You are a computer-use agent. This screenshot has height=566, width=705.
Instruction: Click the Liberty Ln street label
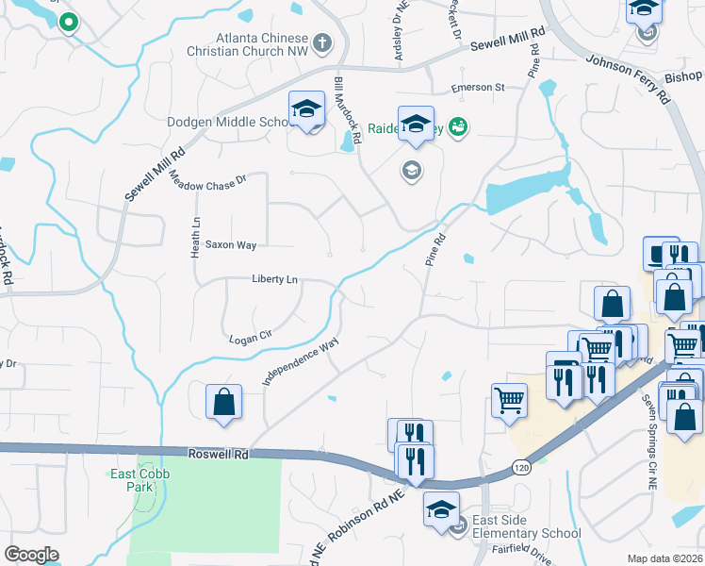(x=274, y=279)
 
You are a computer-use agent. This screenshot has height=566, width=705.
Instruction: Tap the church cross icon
(x=322, y=42)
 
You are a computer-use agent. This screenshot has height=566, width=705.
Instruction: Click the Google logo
(x=31, y=555)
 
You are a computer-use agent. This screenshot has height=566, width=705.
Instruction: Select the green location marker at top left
(x=67, y=22)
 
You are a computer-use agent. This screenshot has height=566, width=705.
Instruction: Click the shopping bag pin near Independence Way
(x=223, y=401)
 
